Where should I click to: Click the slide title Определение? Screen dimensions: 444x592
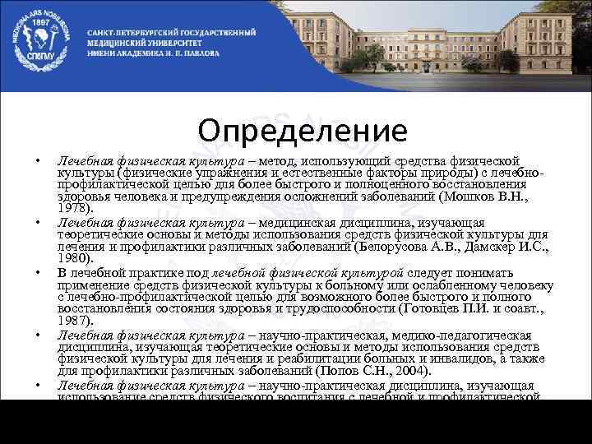tap(303, 131)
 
